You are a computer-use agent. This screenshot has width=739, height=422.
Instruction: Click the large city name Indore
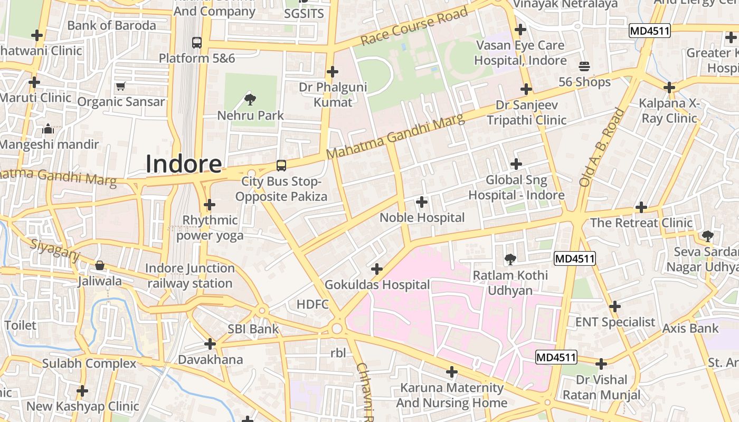click(x=183, y=164)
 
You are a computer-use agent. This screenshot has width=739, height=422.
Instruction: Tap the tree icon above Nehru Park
click(x=250, y=99)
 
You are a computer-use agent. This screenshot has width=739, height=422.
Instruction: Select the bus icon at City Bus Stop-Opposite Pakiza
click(x=281, y=166)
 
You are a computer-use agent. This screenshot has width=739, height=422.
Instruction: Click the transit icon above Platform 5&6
click(x=197, y=42)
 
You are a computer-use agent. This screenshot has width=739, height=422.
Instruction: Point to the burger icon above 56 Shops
click(x=584, y=66)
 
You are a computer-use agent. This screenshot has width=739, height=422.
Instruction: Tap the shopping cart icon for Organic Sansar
click(x=121, y=86)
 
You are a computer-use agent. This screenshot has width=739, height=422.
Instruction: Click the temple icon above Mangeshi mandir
click(x=48, y=128)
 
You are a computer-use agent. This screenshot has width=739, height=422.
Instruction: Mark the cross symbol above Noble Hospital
click(x=422, y=202)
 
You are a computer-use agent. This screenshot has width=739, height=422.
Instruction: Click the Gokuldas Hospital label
click(x=377, y=285)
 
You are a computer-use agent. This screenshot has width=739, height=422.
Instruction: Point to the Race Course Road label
click(x=414, y=26)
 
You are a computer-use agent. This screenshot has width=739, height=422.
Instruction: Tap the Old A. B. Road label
click(x=601, y=147)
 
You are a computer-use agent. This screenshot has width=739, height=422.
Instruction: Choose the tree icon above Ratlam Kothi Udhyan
click(x=510, y=259)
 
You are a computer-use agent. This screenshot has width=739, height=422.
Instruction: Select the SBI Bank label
click(x=253, y=329)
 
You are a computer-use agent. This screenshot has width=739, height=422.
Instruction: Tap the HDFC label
click(x=312, y=304)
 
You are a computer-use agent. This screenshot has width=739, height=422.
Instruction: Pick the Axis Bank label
click(x=690, y=329)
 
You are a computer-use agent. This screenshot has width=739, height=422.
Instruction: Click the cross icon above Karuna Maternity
click(x=451, y=372)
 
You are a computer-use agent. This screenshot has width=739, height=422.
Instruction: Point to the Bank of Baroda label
click(x=111, y=25)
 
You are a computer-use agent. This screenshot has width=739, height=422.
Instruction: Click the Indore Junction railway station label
click(x=190, y=276)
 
